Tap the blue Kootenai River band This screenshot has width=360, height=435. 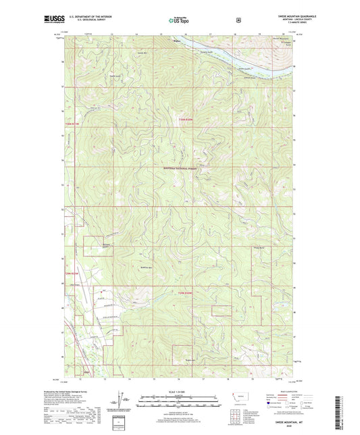tap(250, 59)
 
